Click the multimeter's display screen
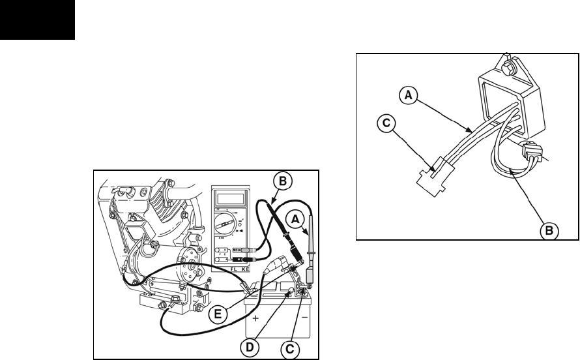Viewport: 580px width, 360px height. [x=229, y=198]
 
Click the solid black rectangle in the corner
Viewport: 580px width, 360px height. [x=37, y=20]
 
